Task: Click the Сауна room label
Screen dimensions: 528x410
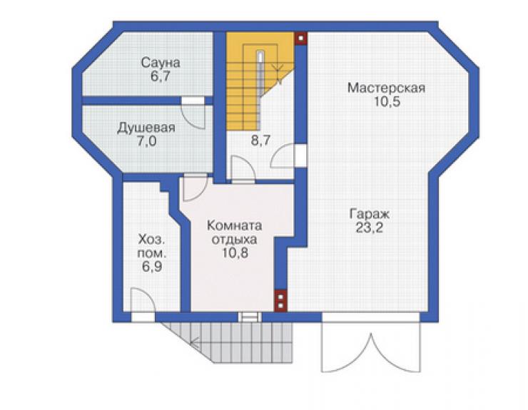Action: tap(161, 63)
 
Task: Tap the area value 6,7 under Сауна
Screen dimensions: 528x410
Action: tap(161, 76)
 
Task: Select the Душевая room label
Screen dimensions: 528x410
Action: tap(146, 128)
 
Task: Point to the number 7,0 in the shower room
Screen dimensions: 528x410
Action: tap(146, 141)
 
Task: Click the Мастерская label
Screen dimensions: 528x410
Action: tap(386, 88)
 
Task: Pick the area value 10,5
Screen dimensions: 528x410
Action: tap(387, 102)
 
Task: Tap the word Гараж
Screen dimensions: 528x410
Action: tap(370, 214)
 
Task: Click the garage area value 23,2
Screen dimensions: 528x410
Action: tap(370, 228)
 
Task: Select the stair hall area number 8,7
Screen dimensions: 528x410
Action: tap(260, 140)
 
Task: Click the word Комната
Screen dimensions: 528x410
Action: tap(234, 225)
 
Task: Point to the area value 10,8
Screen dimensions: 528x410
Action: tap(235, 253)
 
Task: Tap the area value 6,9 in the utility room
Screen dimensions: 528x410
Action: tap(152, 267)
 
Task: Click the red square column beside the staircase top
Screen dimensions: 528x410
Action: tap(301, 38)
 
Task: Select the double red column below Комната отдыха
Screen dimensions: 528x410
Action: tap(280, 301)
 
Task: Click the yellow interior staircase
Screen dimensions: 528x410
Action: tap(260, 81)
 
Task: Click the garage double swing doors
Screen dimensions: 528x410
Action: tap(371, 347)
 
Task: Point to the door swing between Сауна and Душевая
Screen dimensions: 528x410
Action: tap(193, 116)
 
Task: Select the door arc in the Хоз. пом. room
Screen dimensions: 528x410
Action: tap(143, 299)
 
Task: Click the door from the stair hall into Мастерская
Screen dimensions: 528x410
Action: tap(282, 155)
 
